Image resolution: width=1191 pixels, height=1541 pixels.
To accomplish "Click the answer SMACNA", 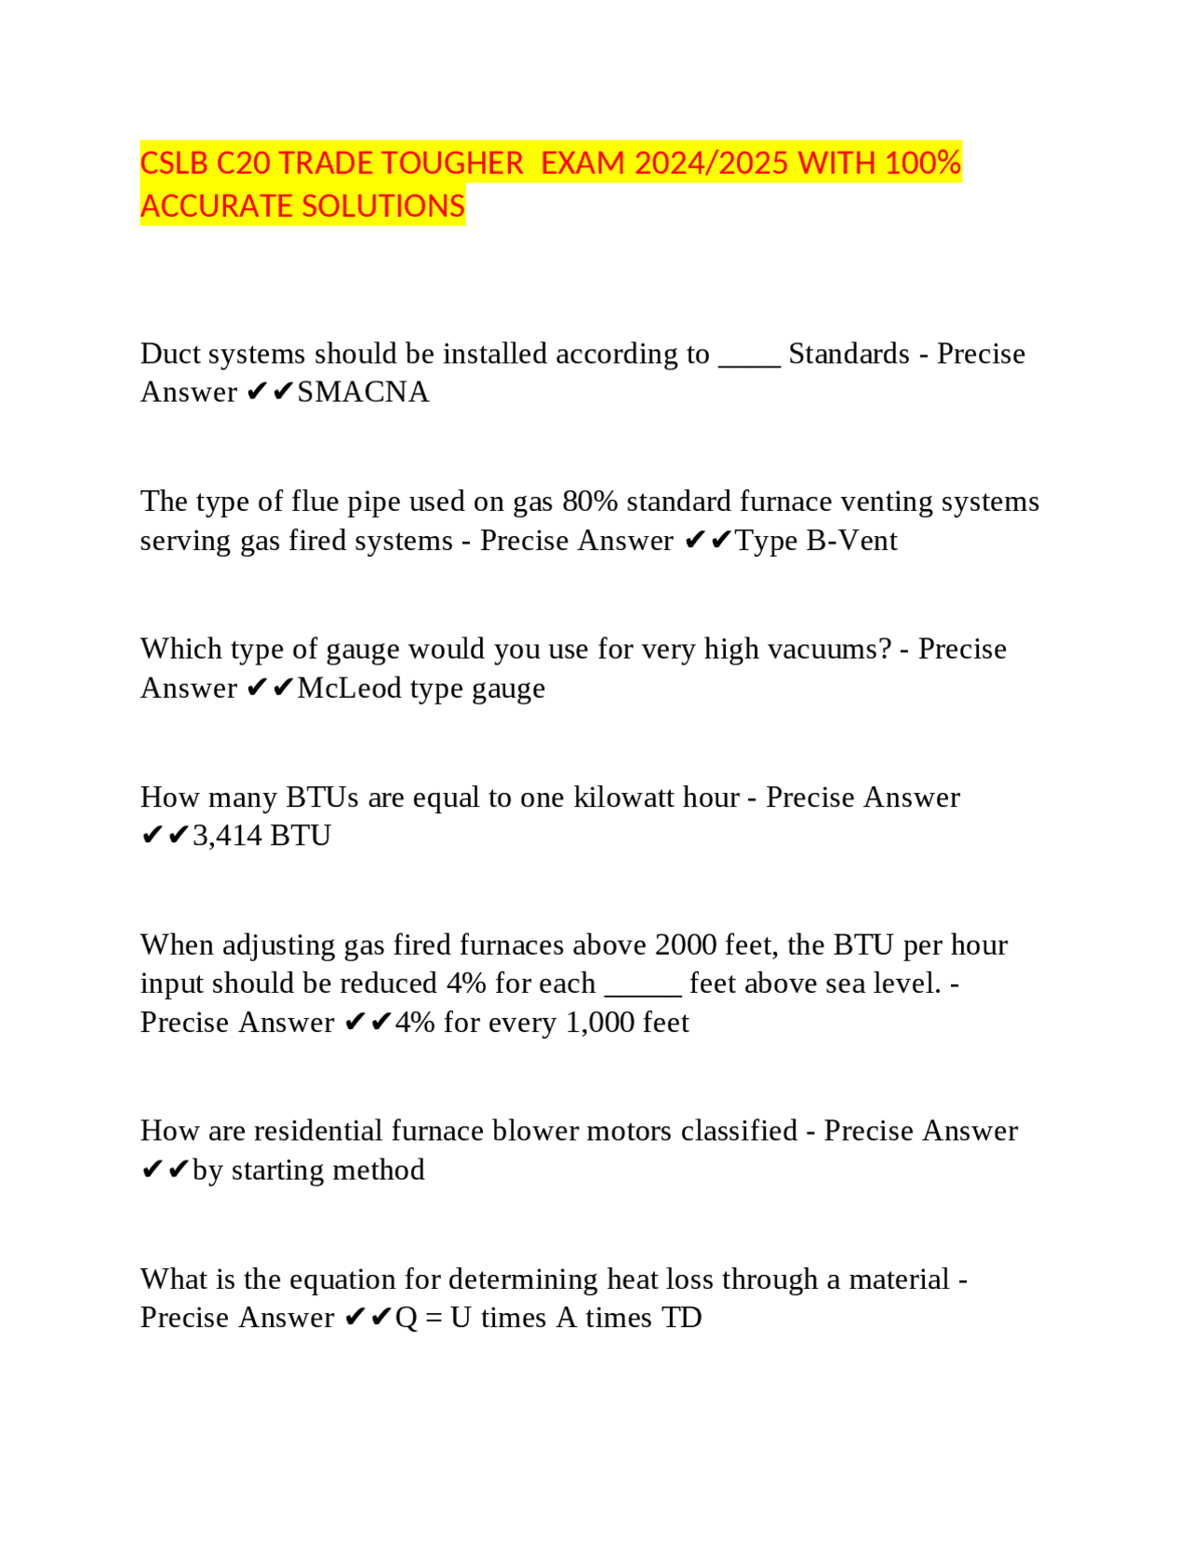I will coord(363,393).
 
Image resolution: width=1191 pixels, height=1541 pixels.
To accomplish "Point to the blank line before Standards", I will coord(749,357).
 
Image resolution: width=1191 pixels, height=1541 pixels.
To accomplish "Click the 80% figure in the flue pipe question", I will coord(590,502).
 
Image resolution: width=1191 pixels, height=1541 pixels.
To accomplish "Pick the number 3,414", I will coord(227,836).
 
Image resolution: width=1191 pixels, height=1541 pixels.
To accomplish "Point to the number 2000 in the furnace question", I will coord(686,945).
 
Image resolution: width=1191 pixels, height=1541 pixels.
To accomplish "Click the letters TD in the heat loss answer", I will coord(681,1319).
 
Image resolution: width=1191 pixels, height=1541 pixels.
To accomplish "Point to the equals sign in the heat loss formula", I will coord(434,1319).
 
